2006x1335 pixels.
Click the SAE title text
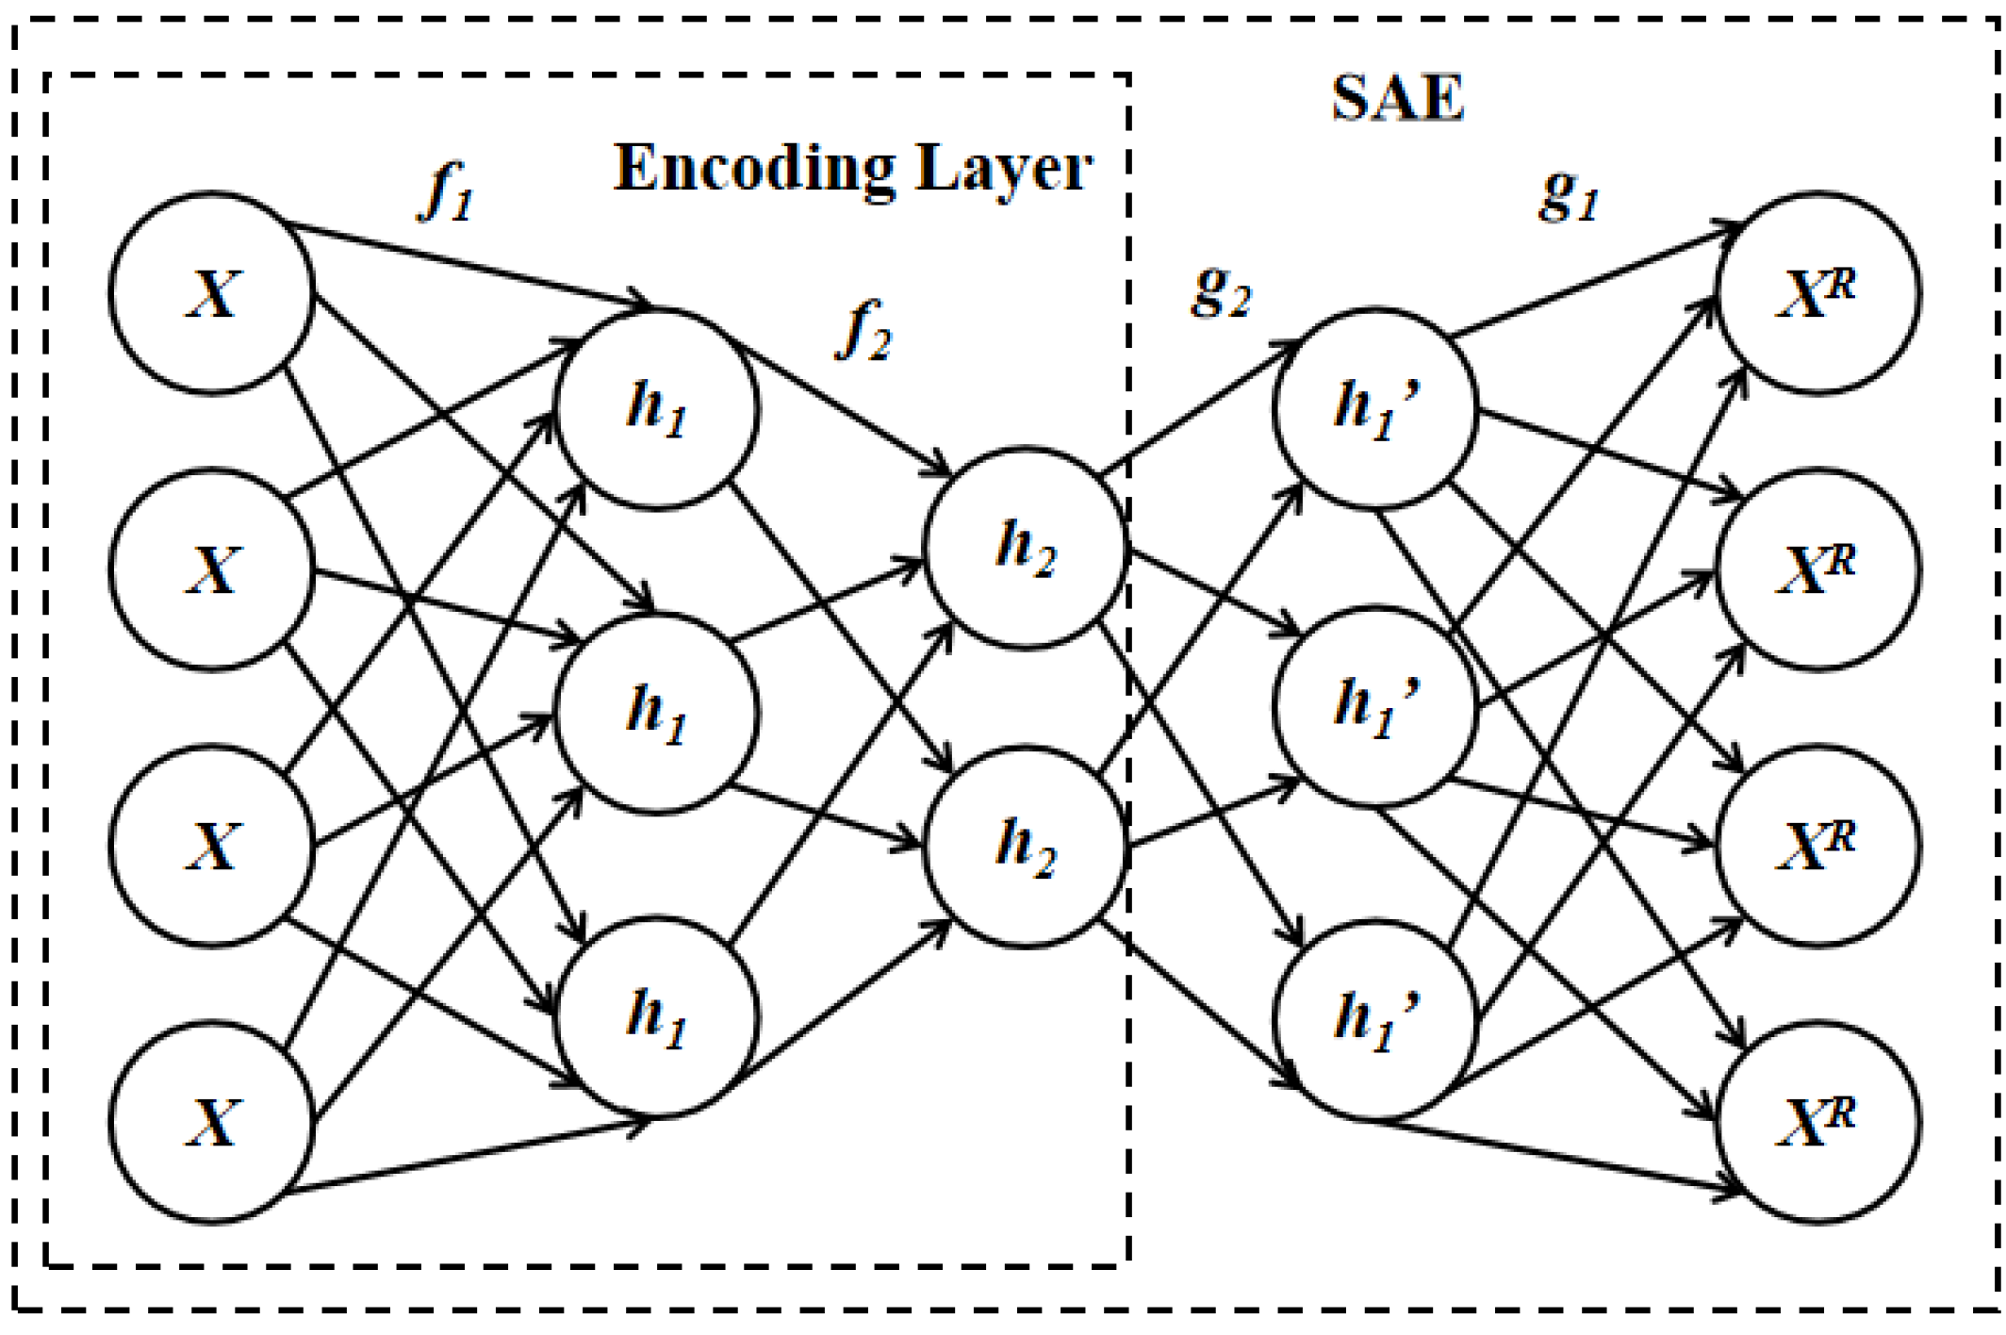pos(1397,98)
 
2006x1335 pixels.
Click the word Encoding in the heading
pos(754,170)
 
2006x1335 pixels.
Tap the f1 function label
pos(445,192)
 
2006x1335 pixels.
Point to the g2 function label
pos(1221,292)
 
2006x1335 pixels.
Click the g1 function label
pos(1569,196)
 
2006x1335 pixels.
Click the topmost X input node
pos(212,292)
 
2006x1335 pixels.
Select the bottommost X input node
pos(212,1122)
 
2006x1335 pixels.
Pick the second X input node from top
pos(212,569)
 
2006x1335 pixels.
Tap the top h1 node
pos(657,410)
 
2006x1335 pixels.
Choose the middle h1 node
pos(657,714)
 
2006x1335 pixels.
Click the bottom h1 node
pos(657,1018)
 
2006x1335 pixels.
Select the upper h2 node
pos(1026,548)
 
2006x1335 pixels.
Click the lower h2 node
pos(1026,846)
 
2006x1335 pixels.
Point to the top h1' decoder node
pos(1375,410)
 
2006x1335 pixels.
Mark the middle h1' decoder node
pos(1375,707)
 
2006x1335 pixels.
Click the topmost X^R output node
pos(1817,292)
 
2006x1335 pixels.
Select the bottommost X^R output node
pos(1817,1122)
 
